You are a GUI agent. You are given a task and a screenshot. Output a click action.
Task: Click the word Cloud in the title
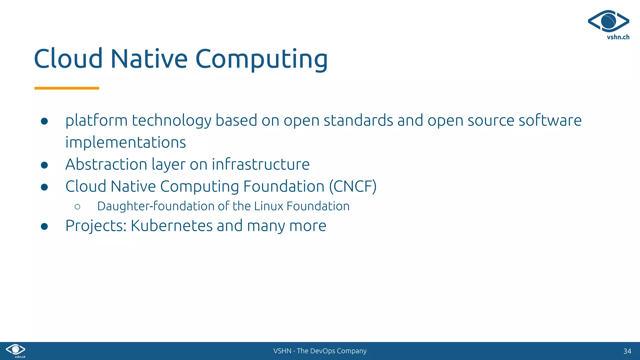tap(68, 59)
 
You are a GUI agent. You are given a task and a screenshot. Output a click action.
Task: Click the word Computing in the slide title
tap(262, 59)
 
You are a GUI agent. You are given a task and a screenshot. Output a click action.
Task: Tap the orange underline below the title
tap(67, 88)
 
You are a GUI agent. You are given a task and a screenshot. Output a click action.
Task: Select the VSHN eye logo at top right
tap(608, 21)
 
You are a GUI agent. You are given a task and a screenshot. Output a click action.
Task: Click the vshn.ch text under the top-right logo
tap(618, 37)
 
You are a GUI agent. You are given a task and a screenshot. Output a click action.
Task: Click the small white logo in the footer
tap(16, 350)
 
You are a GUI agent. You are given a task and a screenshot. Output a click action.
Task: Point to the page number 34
tap(627, 351)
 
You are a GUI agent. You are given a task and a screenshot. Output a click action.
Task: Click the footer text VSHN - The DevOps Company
tap(320, 351)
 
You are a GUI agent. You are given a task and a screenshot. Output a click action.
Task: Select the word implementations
tap(126, 142)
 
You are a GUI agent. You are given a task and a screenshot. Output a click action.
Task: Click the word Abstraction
tap(106, 164)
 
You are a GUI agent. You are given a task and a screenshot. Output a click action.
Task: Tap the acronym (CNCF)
tap(353, 187)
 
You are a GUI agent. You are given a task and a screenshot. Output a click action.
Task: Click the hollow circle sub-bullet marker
tap(77, 207)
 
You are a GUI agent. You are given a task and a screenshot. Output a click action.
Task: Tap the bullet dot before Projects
tap(44, 227)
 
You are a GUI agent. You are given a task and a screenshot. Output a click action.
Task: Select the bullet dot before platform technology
tap(44, 121)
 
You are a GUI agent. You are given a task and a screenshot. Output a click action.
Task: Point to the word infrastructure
tap(261, 164)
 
